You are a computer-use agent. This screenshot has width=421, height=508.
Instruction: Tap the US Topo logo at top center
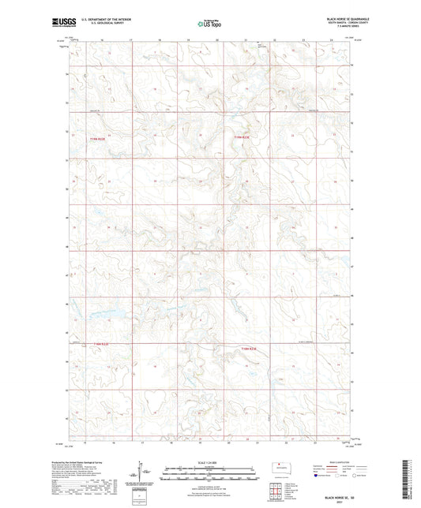[x=208, y=24]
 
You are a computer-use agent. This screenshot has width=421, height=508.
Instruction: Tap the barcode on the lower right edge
[x=412, y=481]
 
